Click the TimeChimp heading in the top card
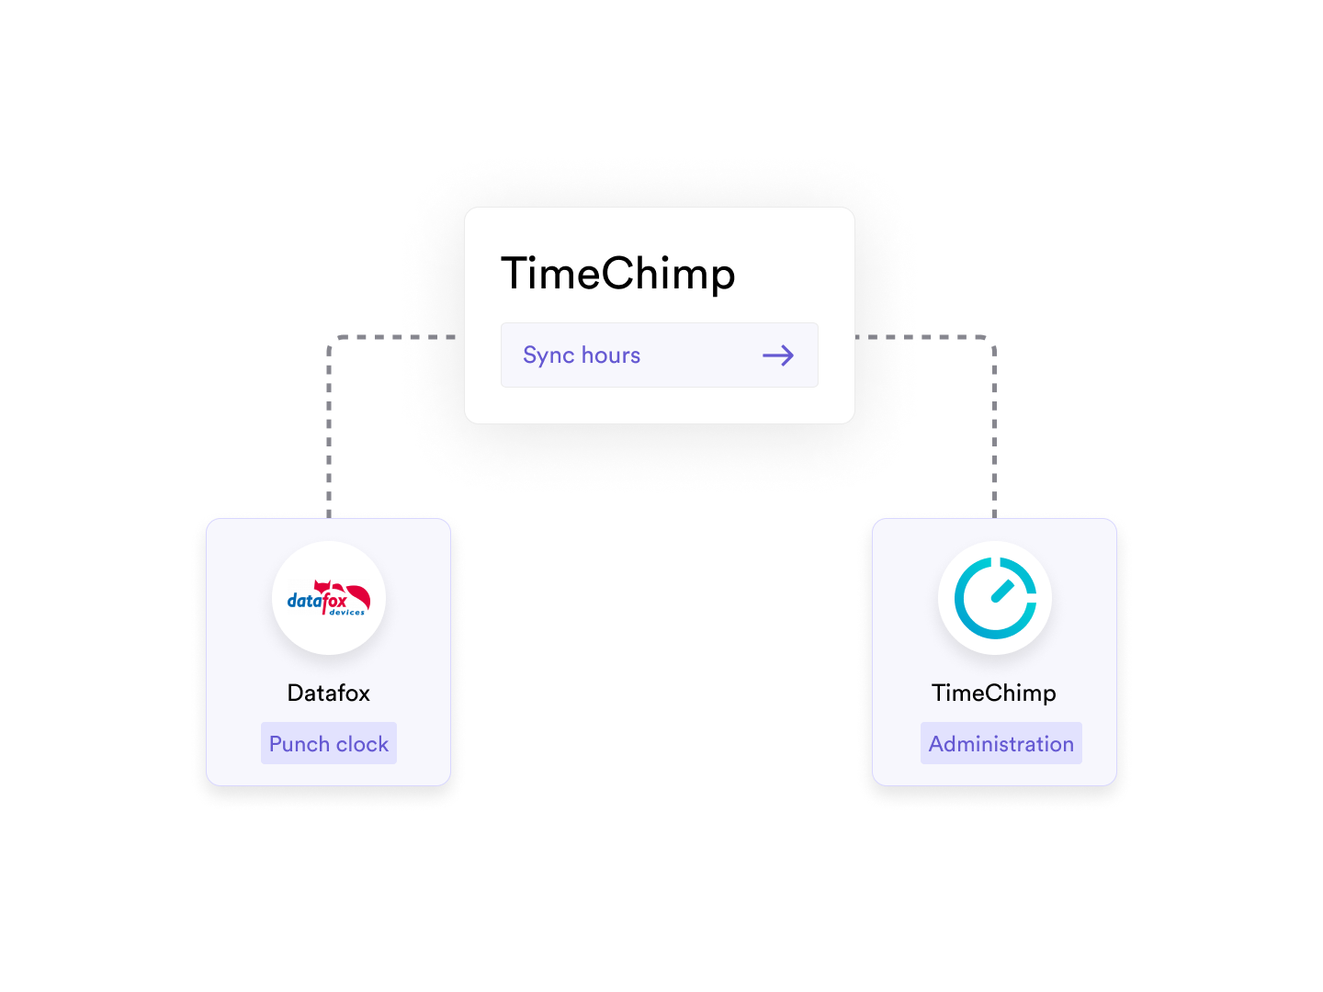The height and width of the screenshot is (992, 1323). [617, 274]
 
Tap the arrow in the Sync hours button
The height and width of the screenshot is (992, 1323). [777, 355]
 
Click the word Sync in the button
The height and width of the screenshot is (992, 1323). [548, 355]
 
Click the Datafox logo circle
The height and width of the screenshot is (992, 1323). [329, 598]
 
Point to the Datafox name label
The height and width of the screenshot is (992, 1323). [329, 693]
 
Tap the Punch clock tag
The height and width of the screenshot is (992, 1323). [329, 743]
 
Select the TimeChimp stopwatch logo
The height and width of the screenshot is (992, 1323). [995, 598]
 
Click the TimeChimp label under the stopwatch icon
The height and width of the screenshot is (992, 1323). [994, 693]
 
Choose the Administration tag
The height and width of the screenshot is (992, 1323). [1001, 743]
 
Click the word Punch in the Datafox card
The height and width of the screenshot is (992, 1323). [300, 744]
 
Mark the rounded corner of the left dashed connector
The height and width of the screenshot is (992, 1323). [333, 341]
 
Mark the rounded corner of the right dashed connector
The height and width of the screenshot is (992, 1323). [991, 341]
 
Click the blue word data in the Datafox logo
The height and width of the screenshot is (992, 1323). [304, 602]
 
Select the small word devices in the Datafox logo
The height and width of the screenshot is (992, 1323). [347, 613]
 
